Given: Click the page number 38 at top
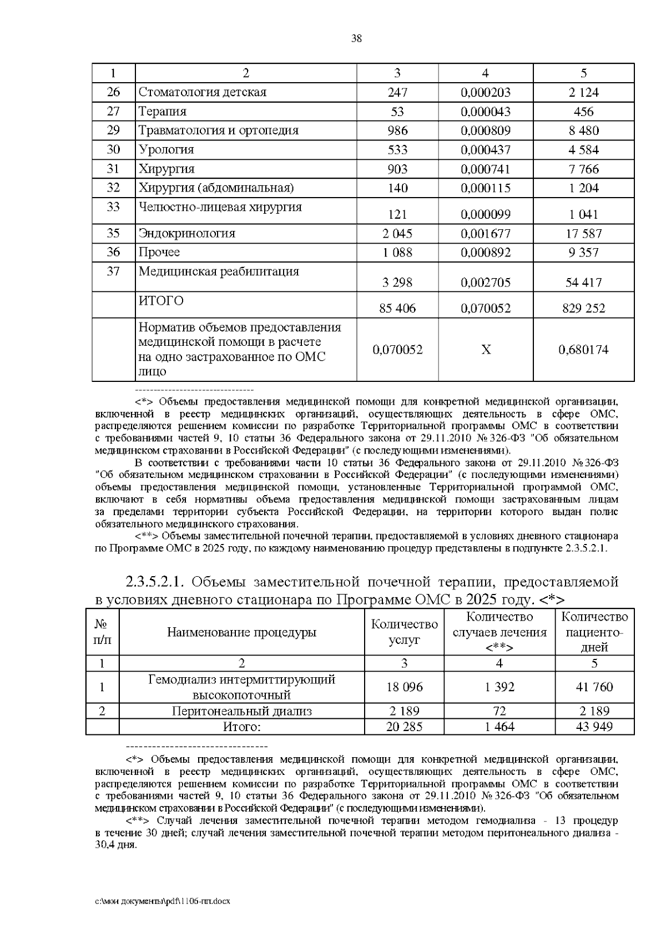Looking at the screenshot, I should point(356,38).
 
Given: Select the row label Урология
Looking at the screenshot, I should point(166,150).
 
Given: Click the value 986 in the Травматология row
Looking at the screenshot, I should point(397,130).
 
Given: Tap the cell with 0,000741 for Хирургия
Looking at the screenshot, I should point(486,169).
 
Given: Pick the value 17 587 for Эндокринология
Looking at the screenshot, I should point(583,234).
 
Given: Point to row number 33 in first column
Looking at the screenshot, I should point(113,207).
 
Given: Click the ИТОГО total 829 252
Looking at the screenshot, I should point(583,308).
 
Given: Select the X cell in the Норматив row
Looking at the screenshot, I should point(486,350).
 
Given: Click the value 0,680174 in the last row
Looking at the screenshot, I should point(583,350).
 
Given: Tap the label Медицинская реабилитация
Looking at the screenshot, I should point(219,271).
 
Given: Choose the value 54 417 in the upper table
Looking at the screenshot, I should point(583,283).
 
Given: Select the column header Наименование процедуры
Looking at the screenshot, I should point(241,632).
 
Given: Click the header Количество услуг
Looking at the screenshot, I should point(404,632).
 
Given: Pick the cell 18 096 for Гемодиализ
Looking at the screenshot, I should point(404,687).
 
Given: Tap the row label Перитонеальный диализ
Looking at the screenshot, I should point(241,711).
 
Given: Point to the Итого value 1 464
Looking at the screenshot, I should point(499,727).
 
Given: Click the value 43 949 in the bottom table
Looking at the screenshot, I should point(594,727).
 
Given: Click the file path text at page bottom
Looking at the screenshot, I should point(162,901).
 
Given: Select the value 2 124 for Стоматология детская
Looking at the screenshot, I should point(583,92).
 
